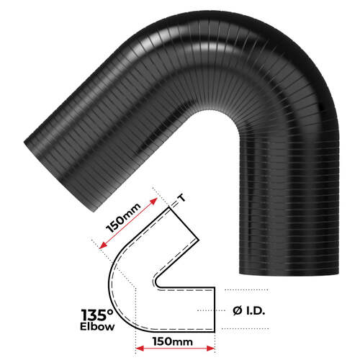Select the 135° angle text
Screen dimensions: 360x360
99,315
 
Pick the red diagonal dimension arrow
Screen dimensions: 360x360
125,222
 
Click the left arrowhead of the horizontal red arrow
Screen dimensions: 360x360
139,348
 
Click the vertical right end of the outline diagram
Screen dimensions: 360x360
214,310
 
